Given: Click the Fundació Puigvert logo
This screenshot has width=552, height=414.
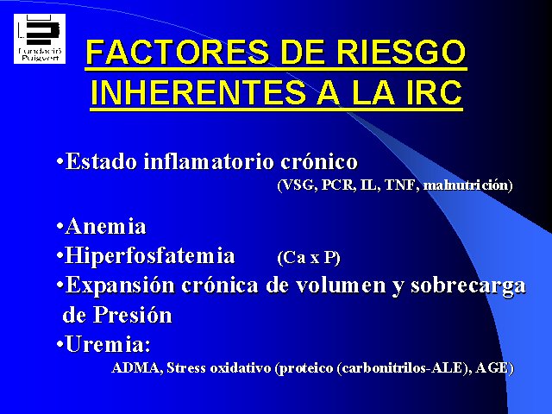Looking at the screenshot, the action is tap(40, 39).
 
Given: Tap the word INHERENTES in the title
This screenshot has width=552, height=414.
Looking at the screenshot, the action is tap(198, 92).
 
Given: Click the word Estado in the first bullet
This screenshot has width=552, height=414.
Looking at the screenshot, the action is tap(102, 161).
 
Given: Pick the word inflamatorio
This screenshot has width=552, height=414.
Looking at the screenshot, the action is tap(209, 161).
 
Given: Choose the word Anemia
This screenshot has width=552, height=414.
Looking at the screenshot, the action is tap(105, 226).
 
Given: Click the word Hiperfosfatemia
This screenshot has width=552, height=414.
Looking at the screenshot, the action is tap(150, 255).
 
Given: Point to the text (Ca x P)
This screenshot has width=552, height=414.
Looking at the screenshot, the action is tap(309, 257).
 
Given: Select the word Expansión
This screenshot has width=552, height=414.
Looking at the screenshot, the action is tap(120, 285).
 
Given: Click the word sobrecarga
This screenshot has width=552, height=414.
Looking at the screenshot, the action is tap(468, 285).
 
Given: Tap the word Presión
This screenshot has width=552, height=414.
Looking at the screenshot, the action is tap(132, 315).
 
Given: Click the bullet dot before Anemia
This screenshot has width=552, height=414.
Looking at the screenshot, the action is tap(60, 227).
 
